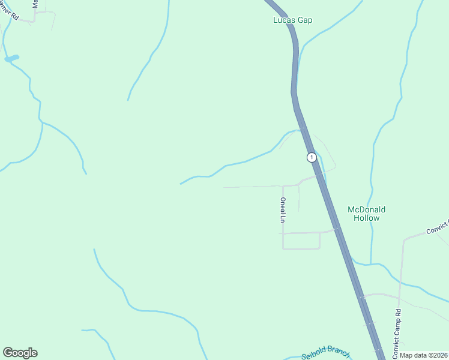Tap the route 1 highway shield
[311, 157]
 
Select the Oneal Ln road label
[282, 210]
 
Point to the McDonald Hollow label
[366, 214]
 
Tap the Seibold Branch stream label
[325, 355]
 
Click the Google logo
[20, 353]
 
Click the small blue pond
[11, 58]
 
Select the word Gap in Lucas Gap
[305, 20]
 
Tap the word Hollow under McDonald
[366, 218]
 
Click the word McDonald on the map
[366, 209]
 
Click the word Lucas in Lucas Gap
[282, 20]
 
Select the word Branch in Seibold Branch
[337, 354]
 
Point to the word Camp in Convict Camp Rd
[397, 331]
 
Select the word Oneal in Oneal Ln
[282, 206]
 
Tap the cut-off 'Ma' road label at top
[35, 6]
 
